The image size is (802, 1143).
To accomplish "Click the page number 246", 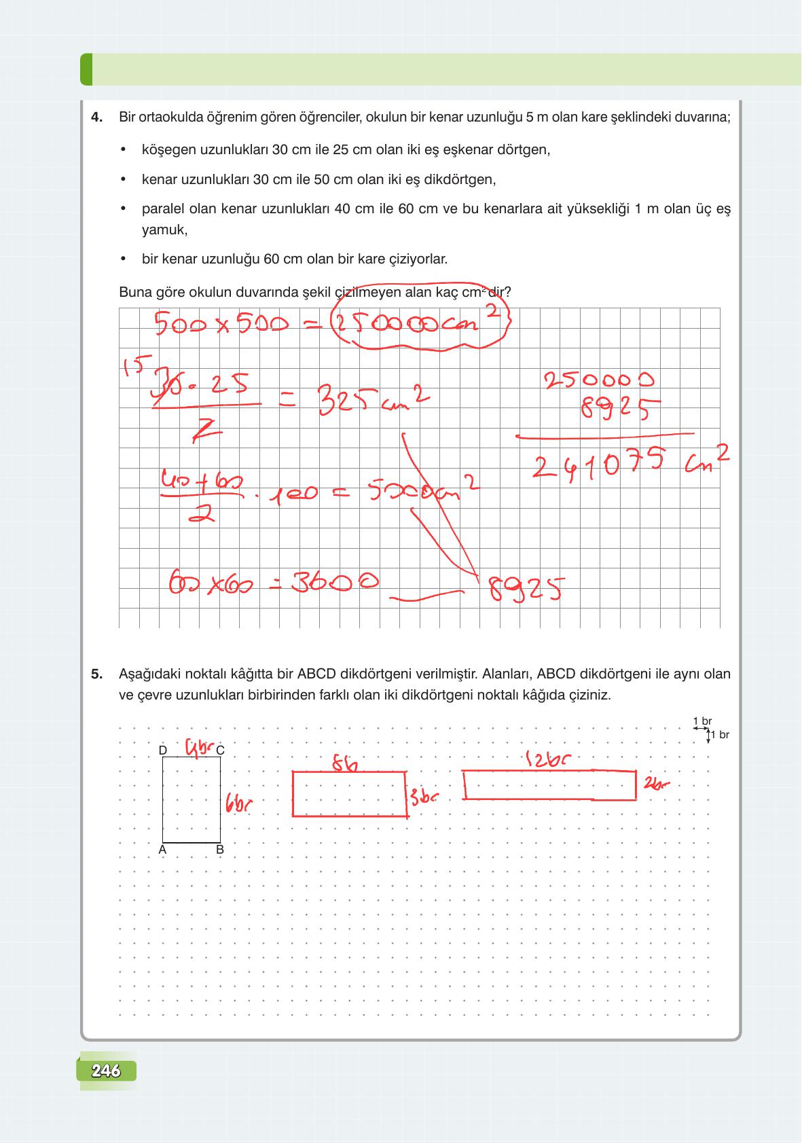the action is coord(106,1071).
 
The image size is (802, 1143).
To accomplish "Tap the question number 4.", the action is coord(97,117).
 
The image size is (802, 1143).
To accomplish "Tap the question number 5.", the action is coord(97,674).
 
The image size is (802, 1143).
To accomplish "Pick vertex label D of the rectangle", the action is coord(163,750).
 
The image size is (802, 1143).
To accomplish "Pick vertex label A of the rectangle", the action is coord(163,850).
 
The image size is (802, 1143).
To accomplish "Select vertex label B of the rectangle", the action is coord(220,850).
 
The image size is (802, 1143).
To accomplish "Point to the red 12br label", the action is coord(547,759).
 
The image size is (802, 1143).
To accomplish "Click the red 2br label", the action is coord(656,784).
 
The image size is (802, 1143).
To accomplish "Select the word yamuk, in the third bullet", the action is coord(164,230).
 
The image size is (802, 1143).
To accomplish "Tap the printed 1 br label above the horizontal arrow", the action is coord(702,721).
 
